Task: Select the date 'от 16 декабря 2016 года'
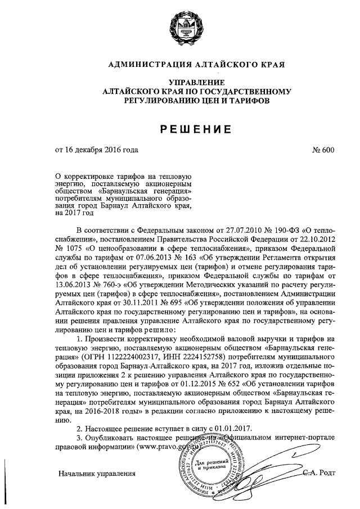pyautogui.click(x=96, y=151)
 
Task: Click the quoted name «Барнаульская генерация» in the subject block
pyautogui.click(x=148, y=191)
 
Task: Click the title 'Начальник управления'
pyautogui.click(x=97, y=474)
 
